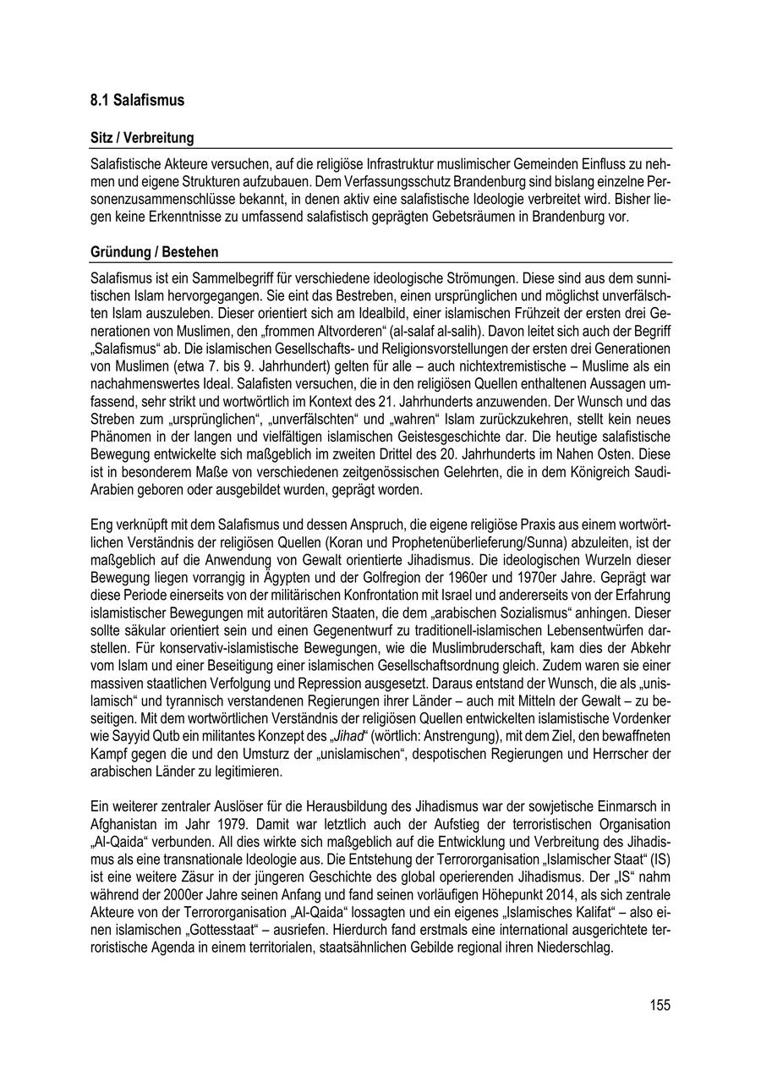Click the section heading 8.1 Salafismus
137,101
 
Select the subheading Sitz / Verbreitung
142,138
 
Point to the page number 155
660,1005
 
